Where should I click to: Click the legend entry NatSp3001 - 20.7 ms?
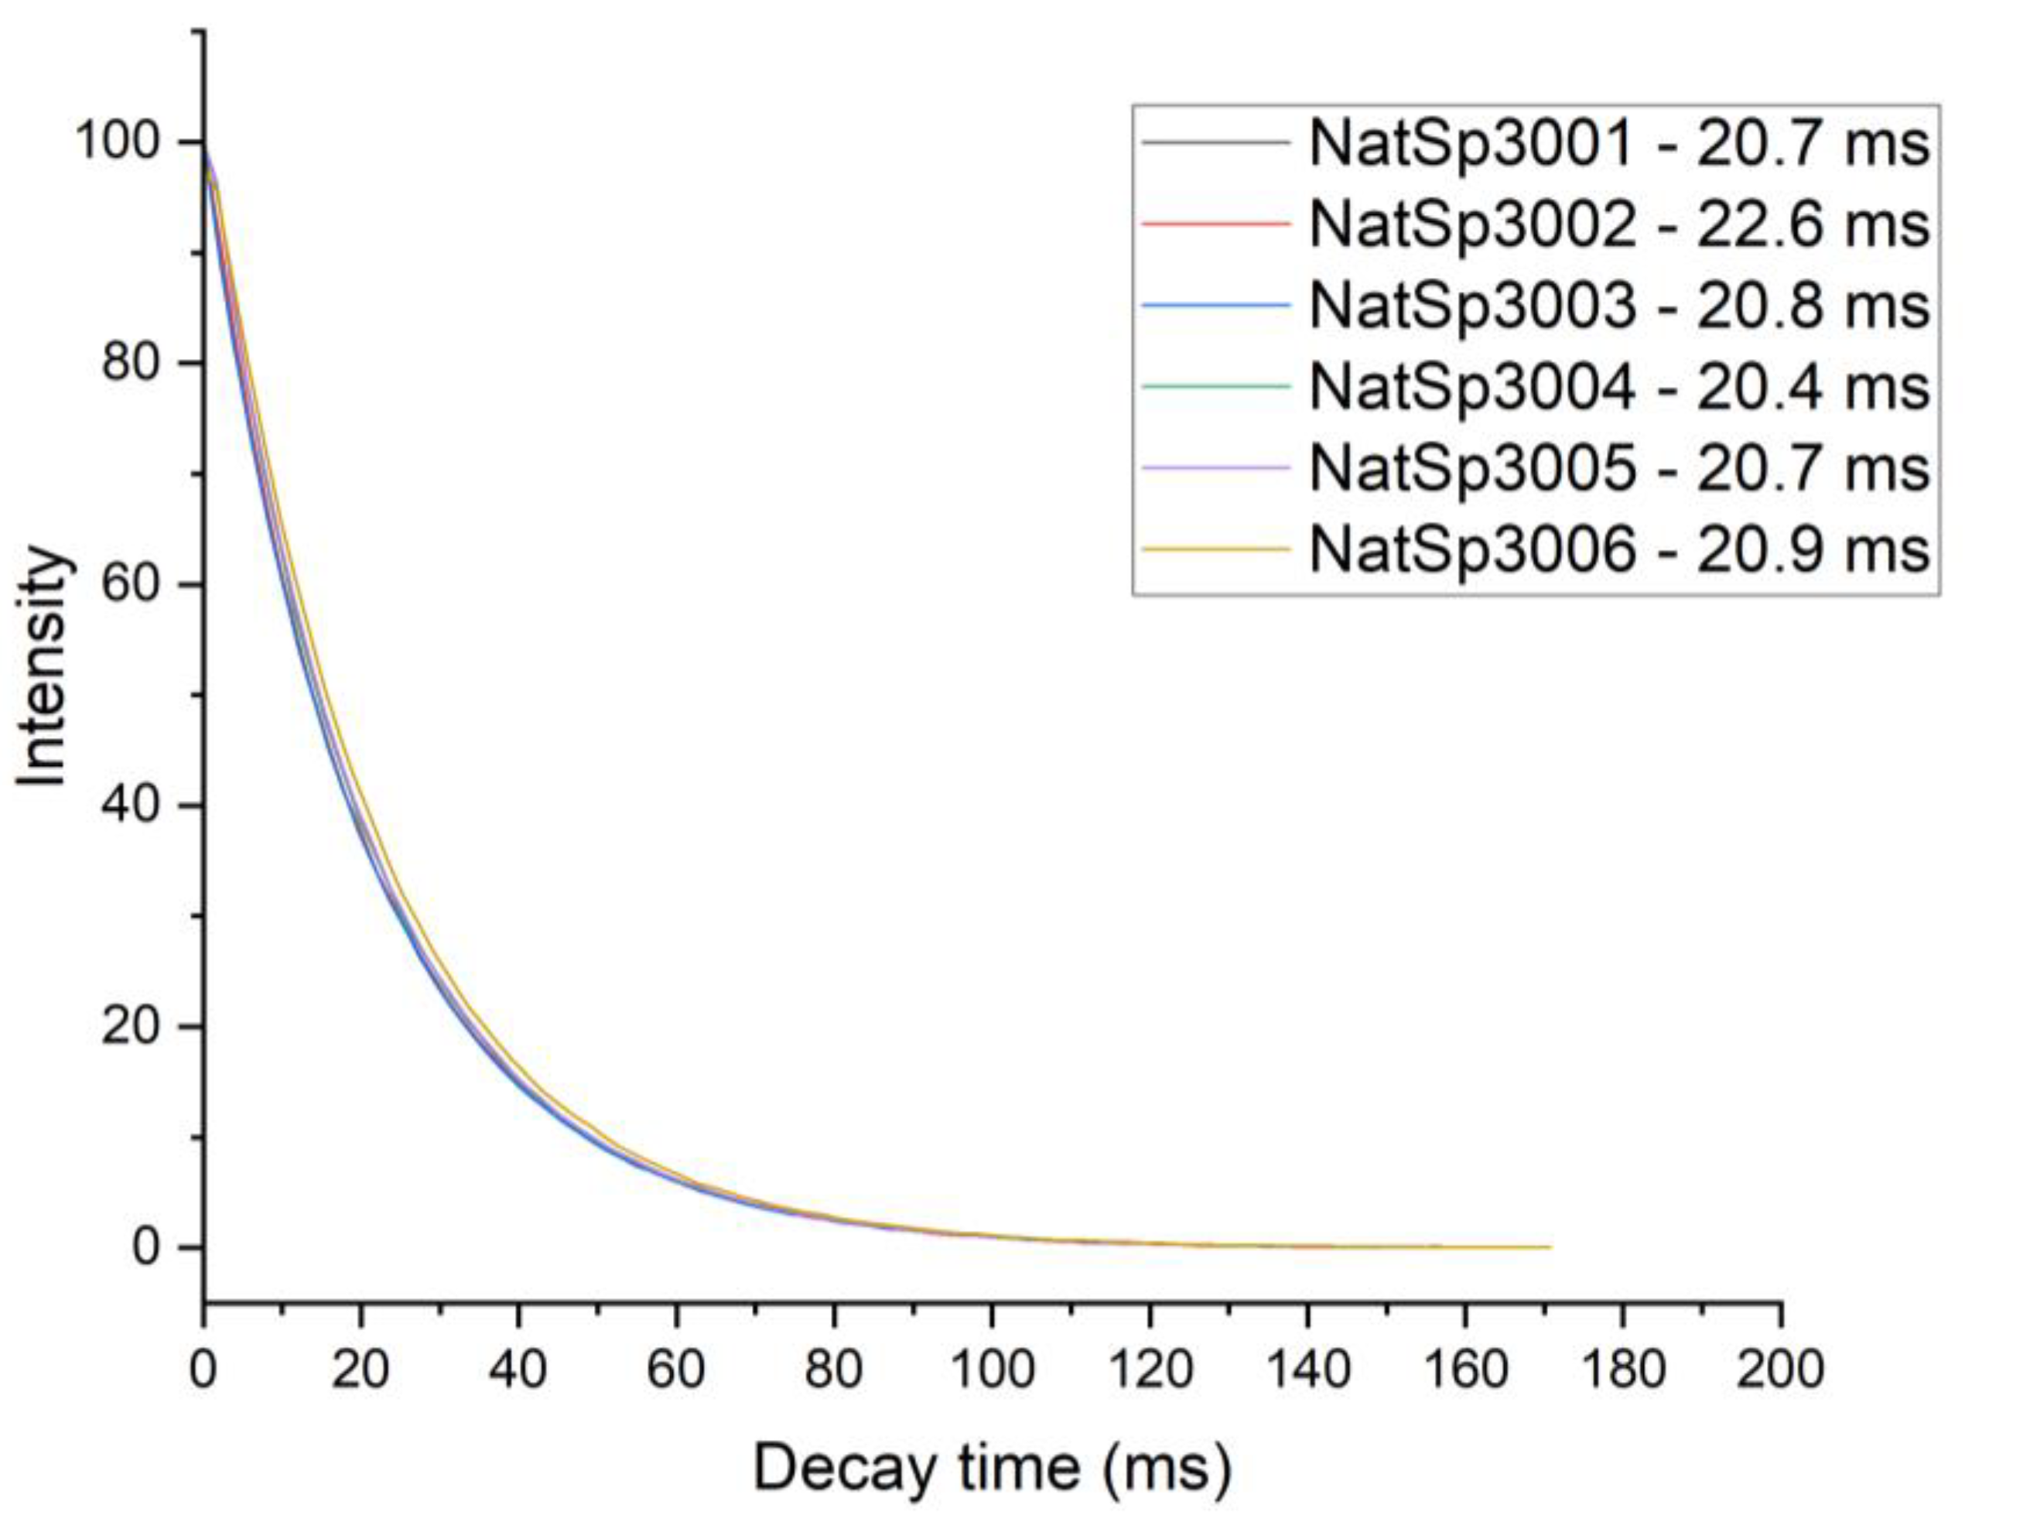pyautogui.click(x=1619, y=144)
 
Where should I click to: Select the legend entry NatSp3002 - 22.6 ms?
pyautogui.click(x=1619, y=225)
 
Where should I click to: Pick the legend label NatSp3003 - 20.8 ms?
pyautogui.click(x=1619, y=306)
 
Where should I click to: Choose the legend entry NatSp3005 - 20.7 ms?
pyautogui.click(x=1619, y=468)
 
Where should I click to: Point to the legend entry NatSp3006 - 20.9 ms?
pyautogui.click(x=1619, y=549)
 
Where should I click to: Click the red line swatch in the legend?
pyautogui.click(x=1215, y=224)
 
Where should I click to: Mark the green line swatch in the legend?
pyautogui.click(x=1215, y=386)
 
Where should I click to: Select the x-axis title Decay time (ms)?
pyautogui.click(x=991, y=1468)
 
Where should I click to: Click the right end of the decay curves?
pyautogui.click(x=1549, y=1247)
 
